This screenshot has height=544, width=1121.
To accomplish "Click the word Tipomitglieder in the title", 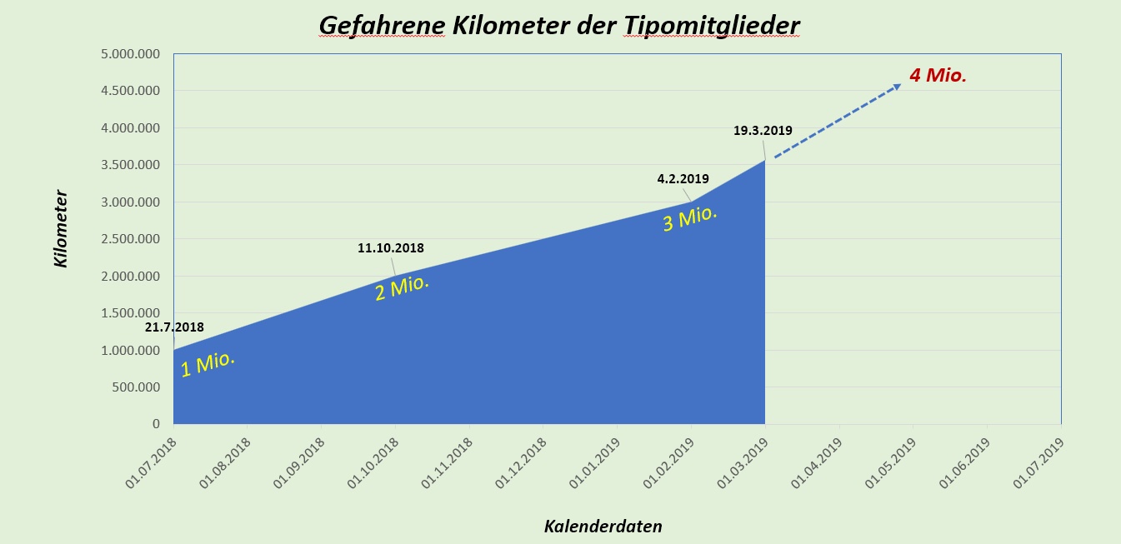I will click(711, 26).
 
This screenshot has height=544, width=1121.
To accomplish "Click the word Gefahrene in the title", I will click(382, 26).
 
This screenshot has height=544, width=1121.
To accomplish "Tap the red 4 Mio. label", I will click(938, 75).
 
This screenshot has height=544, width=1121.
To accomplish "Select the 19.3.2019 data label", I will click(763, 131).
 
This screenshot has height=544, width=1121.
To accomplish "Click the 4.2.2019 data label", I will click(683, 178).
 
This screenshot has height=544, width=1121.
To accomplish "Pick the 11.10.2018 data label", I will click(391, 248).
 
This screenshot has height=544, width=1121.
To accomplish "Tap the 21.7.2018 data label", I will click(174, 327).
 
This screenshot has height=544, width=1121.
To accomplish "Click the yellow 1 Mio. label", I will click(208, 363).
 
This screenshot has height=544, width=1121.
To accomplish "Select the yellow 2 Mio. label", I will click(402, 288).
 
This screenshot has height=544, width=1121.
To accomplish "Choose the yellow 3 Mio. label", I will click(690, 218).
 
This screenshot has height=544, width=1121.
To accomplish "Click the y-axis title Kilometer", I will click(61, 229).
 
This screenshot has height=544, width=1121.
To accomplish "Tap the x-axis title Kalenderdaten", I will click(603, 526).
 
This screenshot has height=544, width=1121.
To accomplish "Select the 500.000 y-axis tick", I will click(138, 387).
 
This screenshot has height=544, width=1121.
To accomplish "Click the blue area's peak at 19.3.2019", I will click(764, 160).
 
